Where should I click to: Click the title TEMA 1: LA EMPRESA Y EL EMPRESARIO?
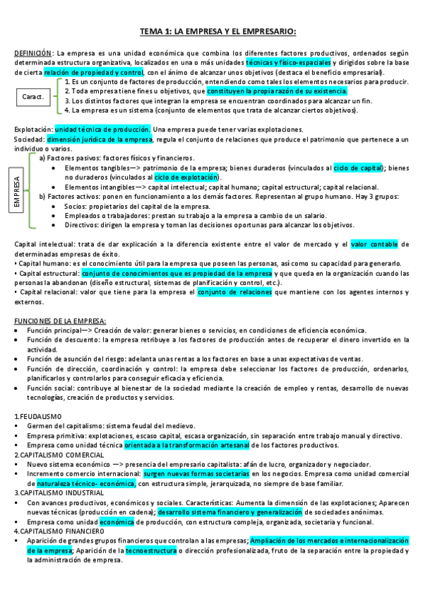[x=217, y=31]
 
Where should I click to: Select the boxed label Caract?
[x=32, y=96]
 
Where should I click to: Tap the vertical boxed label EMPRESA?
[x=16, y=191]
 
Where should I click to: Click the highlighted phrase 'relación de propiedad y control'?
[x=93, y=72]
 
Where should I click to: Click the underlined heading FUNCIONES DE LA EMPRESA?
[x=60, y=321]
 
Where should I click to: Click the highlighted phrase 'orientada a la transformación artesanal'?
[x=186, y=445]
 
